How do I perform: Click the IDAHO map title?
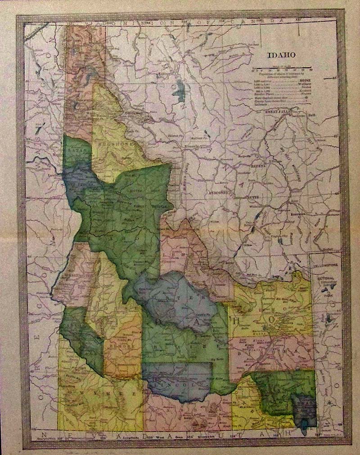(x=282, y=55)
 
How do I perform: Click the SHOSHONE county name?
(x=114, y=139)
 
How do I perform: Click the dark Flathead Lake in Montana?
(x=181, y=92)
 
